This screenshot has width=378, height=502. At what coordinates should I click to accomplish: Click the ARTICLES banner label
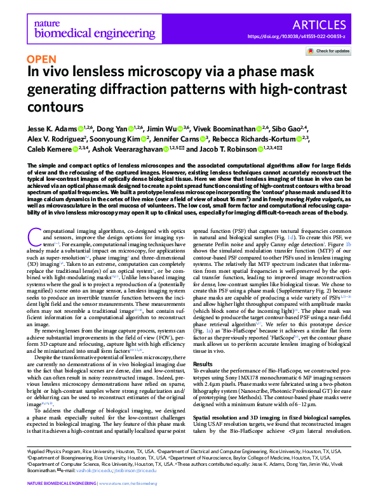tap(327, 25)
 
